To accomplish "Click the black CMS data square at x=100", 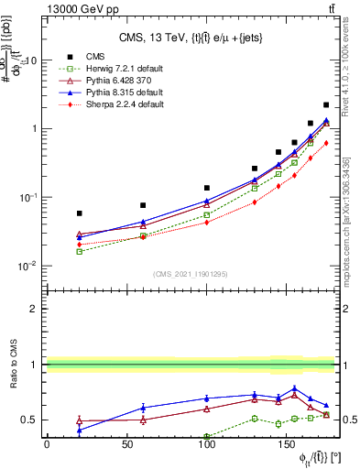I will [x=207, y=188].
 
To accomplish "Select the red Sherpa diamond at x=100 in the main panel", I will [x=207, y=223].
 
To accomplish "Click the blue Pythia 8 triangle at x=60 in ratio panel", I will [x=143, y=408].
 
